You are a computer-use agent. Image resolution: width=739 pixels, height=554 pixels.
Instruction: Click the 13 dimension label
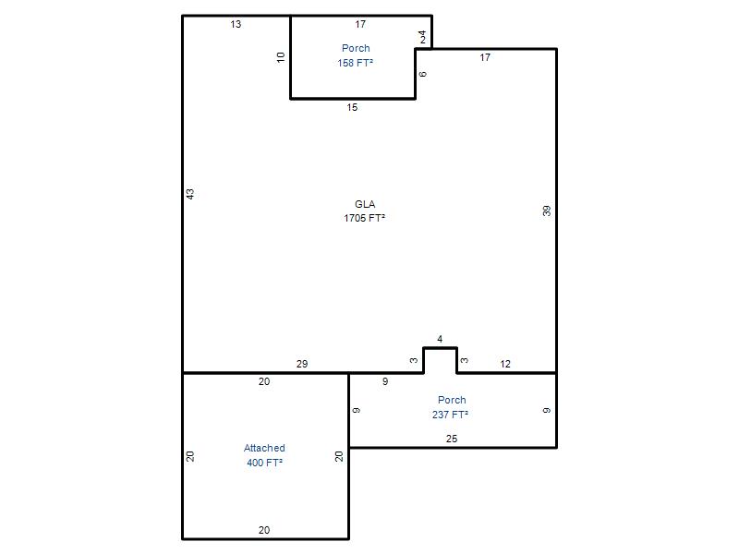click(x=236, y=24)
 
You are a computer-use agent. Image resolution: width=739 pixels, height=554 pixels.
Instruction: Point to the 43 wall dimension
click(x=190, y=194)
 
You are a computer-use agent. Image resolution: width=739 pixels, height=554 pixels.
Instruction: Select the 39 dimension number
click(x=546, y=211)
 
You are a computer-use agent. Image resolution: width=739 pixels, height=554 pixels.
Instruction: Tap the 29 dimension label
click(x=302, y=364)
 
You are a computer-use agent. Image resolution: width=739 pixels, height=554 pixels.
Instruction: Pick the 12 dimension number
click(x=505, y=364)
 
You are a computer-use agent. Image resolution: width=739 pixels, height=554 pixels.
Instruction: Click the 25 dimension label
click(x=452, y=439)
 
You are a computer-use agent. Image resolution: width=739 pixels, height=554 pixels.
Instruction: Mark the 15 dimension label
click(x=352, y=107)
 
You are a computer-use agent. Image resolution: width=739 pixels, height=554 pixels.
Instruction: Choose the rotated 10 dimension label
click(x=281, y=57)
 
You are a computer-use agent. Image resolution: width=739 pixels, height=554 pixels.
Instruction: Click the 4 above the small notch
click(x=440, y=339)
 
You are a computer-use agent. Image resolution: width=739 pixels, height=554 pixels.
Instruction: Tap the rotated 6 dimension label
click(x=423, y=74)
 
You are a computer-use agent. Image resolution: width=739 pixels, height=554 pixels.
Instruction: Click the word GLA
click(x=365, y=204)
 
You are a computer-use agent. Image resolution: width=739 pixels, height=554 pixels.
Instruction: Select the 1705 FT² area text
click(x=364, y=218)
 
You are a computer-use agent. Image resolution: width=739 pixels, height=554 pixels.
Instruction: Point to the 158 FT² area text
click(x=356, y=63)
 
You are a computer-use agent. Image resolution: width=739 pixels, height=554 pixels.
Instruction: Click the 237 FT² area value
click(x=450, y=415)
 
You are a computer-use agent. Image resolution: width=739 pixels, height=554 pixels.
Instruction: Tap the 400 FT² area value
click(x=264, y=463)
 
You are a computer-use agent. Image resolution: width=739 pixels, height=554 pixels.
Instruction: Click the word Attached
click(x=264, y=448)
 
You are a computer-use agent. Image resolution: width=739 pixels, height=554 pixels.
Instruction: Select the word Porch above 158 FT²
click(x=356, y=48)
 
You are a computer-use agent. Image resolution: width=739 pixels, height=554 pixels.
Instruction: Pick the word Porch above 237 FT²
click(x=452, y=400)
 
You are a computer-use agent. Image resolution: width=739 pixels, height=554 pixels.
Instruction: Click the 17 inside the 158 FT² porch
click(x=360, y=24)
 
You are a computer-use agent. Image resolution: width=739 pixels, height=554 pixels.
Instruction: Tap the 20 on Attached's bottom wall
click(x=264, y=530)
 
